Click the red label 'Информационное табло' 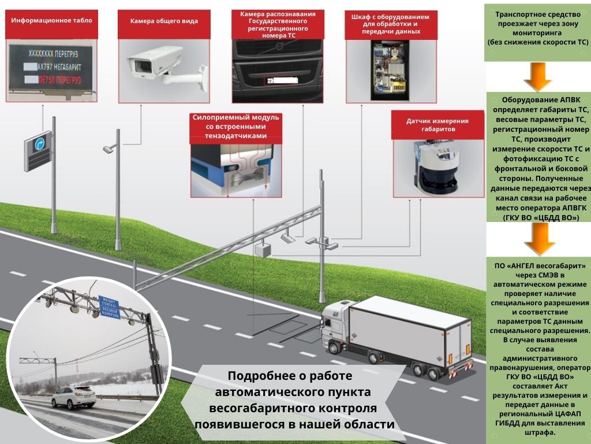click(x=51, y=20)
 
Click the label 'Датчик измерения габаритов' click(x=437, y=125)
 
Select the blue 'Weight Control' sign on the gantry click(x=109, y=305)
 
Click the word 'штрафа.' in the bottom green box click(x=538, y=432)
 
